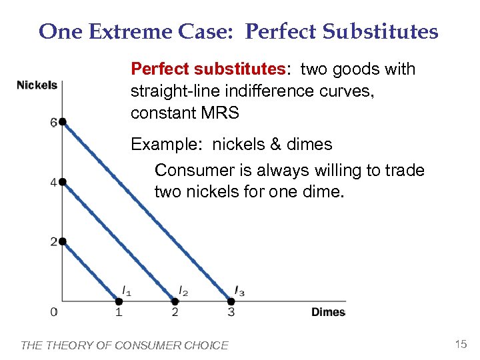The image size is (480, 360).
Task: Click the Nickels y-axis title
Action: [37, 85]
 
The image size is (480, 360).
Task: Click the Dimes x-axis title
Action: [328, 312]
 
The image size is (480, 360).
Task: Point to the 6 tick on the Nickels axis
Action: [53, 123]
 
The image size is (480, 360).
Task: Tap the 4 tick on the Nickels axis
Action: [53, 183]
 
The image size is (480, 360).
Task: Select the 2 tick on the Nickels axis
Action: [53, 242]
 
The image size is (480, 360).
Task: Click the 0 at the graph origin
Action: [53, 312]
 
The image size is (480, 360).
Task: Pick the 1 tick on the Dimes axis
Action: [119, 312]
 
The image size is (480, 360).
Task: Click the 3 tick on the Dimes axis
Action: [231, 312]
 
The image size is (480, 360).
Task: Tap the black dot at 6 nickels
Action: [62, 121]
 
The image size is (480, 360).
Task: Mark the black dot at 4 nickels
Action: [62, 181]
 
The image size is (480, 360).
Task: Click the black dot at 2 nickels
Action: [62, 241]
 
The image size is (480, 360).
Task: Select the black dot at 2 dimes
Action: [175, 301]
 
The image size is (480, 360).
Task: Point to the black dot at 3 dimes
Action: [231, 301]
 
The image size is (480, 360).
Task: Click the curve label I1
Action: [127, 290]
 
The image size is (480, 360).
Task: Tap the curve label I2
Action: [183, 290]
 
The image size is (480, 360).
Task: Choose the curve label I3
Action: [239, 290]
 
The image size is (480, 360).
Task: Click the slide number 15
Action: [460, 344]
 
